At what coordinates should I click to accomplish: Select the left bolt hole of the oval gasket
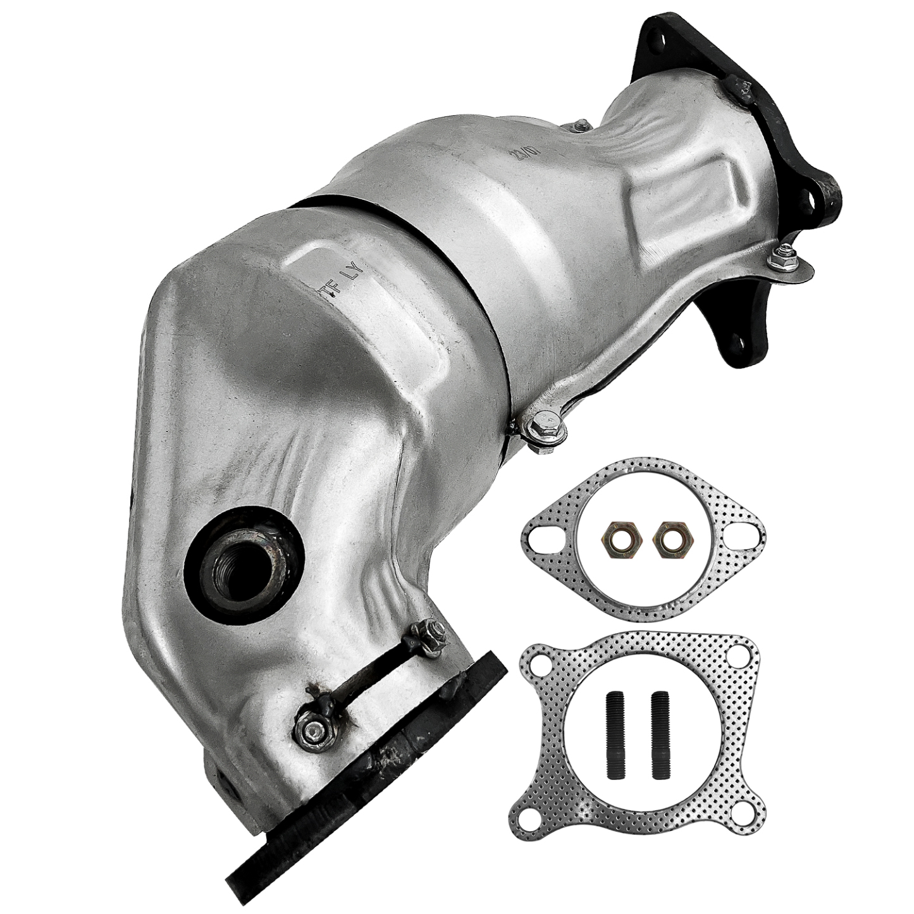click(542, 536)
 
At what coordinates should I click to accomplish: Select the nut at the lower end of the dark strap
click(310, 731)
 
